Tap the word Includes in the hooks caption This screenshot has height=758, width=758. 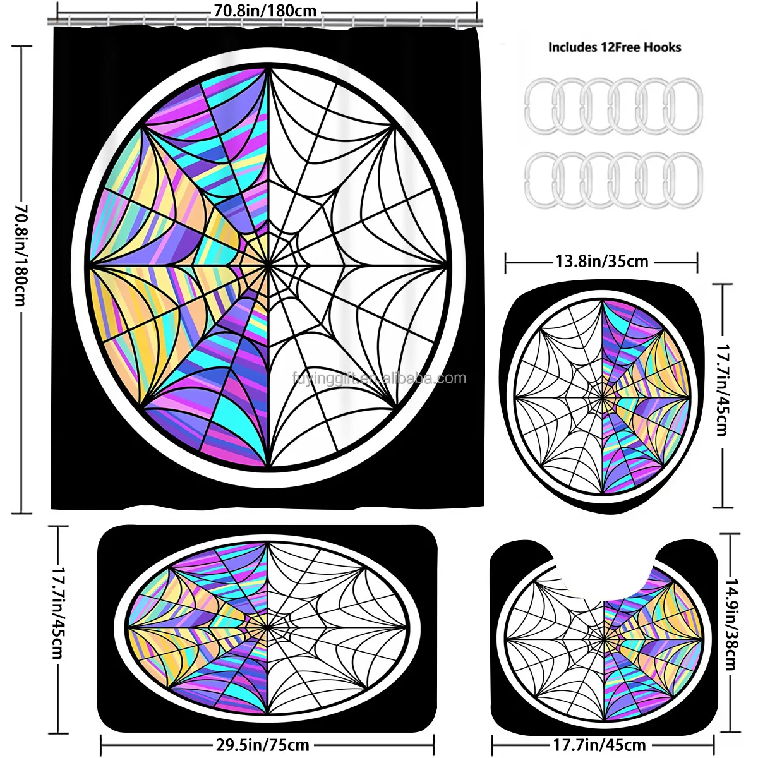point(572,47)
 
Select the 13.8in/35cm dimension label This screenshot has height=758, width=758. point(601,261)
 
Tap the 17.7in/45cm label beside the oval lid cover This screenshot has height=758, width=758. point(721,395)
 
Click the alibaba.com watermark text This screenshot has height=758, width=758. point(379,378)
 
